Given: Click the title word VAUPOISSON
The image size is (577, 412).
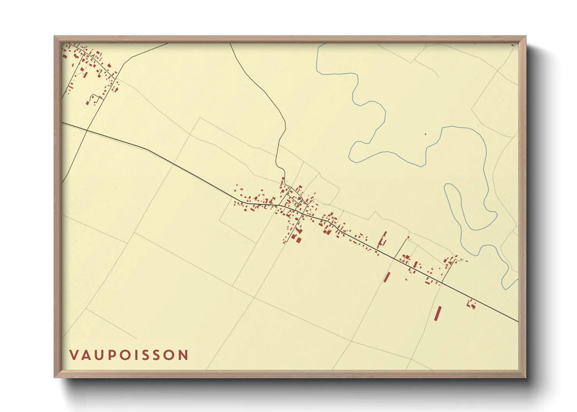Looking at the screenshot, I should [x=129, y=355].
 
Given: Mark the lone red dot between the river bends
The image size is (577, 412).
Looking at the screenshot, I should [x=425, y=134].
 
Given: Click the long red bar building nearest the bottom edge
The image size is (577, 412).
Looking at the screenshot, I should [x=438, y=313].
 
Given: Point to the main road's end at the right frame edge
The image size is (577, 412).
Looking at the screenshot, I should [x=518, y=322].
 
